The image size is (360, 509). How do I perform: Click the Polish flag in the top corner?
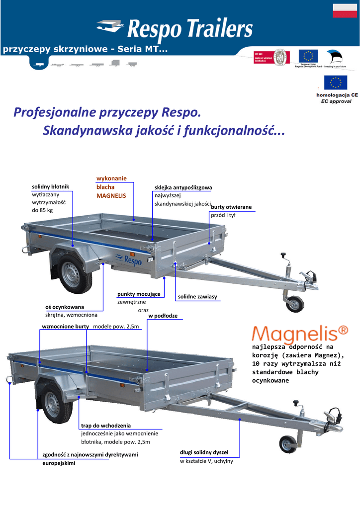point(344,10)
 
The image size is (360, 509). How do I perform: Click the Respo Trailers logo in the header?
point(175,28)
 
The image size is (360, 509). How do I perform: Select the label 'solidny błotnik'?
point(51,186)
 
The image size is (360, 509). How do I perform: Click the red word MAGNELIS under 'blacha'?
point(111,196)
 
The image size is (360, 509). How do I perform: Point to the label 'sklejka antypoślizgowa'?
point(183,187)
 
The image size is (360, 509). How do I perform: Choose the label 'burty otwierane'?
point(232,207)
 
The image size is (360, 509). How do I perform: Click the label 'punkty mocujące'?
point(139,294)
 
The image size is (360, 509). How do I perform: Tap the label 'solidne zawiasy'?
point(197,297)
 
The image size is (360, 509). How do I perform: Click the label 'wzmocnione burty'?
point(65,326)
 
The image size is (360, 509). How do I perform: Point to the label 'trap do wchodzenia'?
point(106,425)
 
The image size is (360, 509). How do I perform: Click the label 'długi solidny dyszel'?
point(204,452)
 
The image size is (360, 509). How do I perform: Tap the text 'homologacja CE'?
point(337,94)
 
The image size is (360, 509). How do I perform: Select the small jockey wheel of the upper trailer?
point(295,303)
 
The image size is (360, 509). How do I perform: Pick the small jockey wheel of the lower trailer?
point(287,444)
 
